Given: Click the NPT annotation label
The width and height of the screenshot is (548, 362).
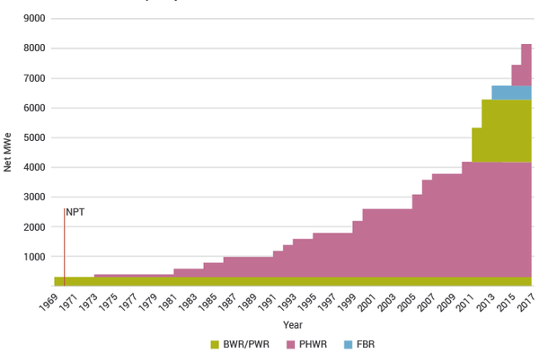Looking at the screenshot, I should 75,212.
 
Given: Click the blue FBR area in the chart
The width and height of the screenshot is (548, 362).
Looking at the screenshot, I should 511,93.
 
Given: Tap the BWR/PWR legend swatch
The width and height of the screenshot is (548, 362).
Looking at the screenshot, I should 216,344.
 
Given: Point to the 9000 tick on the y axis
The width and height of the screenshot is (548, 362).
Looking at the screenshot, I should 34,19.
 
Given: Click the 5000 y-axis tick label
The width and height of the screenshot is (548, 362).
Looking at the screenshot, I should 34,137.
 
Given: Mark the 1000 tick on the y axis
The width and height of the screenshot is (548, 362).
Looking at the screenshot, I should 34,257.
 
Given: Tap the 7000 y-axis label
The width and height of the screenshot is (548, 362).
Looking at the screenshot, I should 34,78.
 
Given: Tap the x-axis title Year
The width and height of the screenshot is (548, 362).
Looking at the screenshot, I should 293,323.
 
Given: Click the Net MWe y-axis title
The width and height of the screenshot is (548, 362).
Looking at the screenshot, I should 8,153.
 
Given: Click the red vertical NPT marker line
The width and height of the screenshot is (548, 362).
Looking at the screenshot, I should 64,252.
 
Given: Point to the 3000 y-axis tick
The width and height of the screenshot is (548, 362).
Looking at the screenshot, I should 34,197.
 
